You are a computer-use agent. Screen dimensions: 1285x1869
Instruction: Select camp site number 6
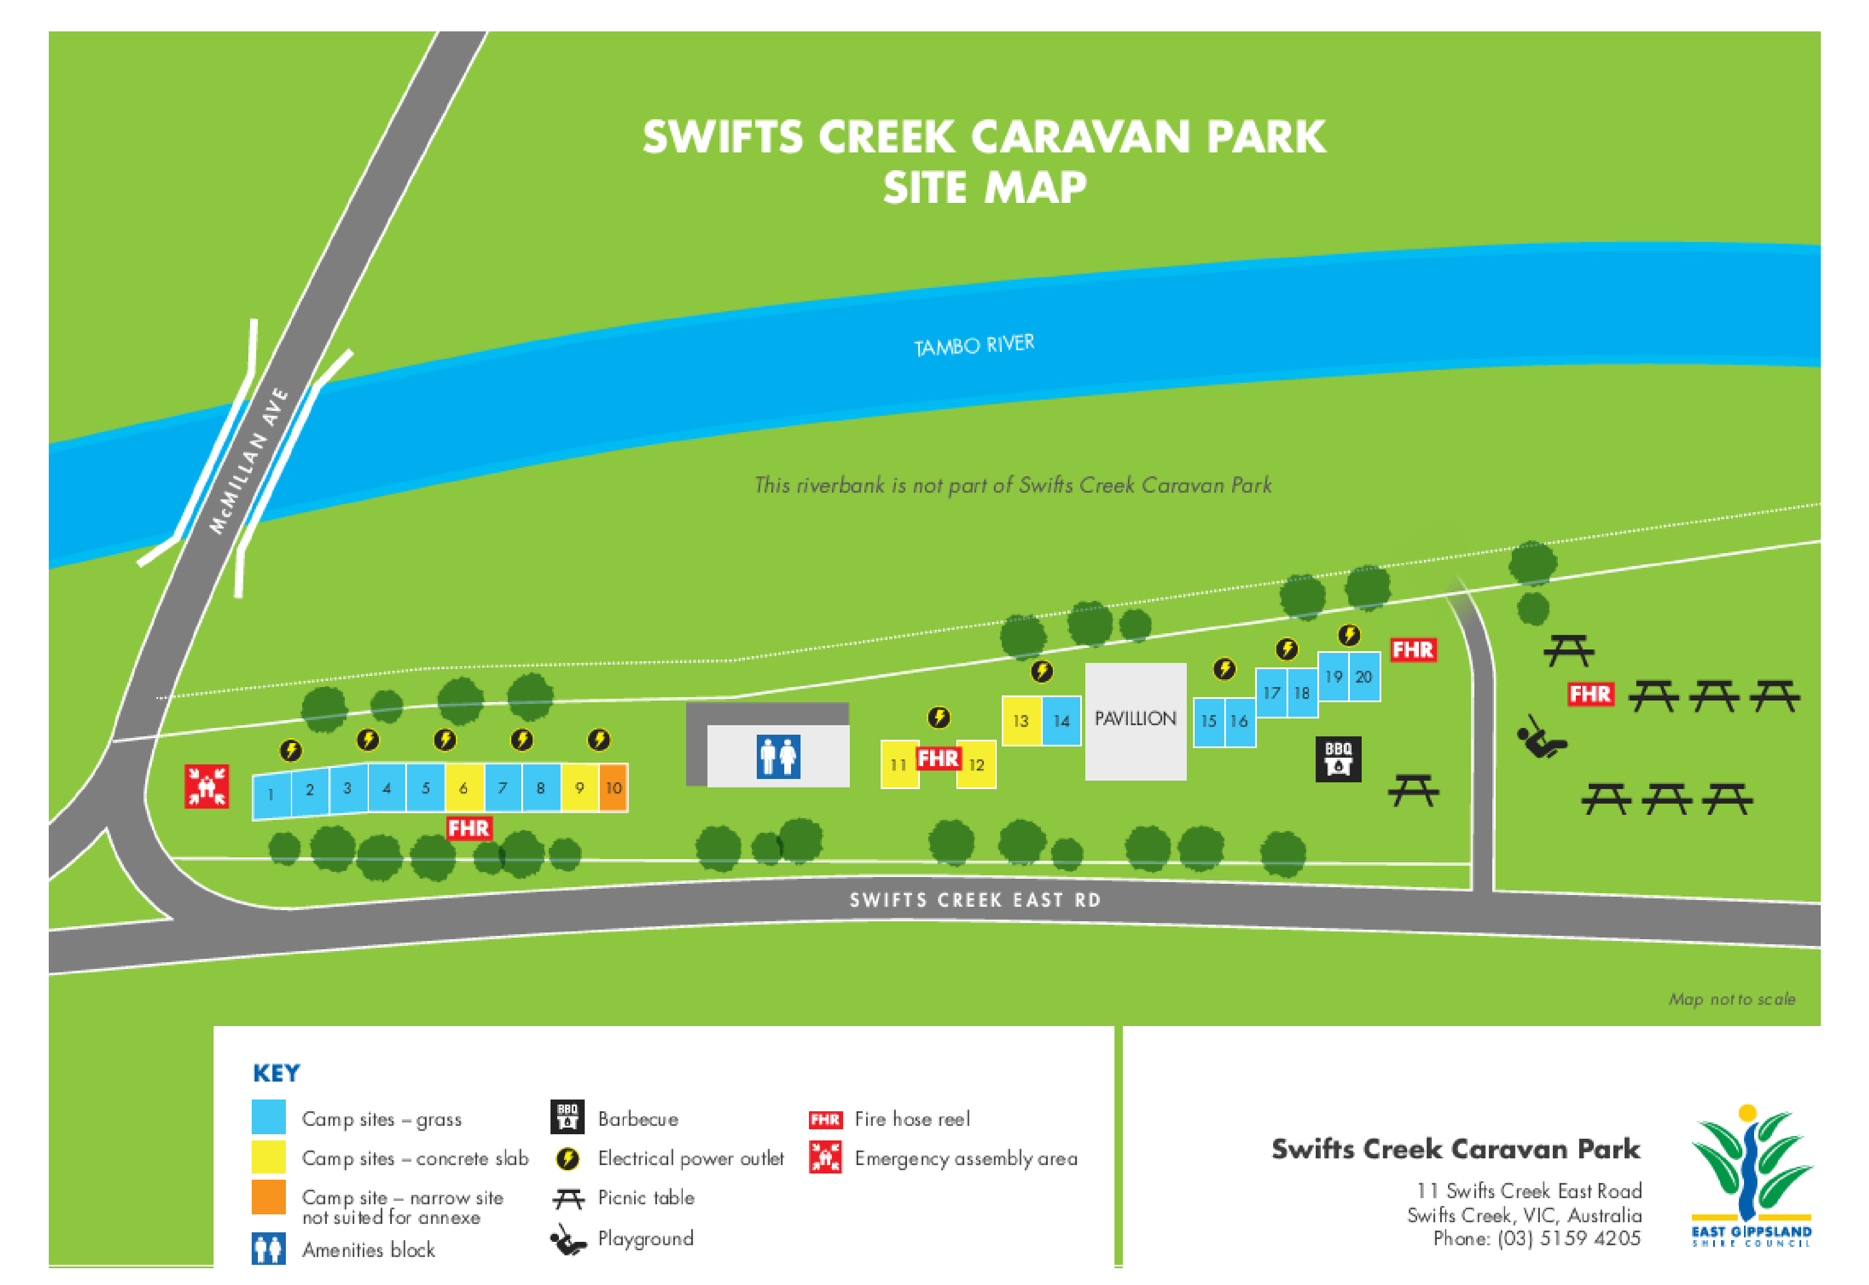coord(464,788)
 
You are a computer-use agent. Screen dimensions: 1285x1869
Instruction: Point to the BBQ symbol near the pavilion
coord(1338,758)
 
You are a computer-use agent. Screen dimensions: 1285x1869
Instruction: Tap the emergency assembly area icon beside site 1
coord(206,786)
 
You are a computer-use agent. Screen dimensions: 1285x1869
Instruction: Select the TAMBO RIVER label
coord(974,345)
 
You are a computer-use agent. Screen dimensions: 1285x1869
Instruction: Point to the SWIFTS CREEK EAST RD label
coord(974,900)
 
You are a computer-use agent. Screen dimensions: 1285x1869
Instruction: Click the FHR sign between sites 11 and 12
coord(938,758)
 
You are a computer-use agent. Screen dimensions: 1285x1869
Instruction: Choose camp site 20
coord(1363,677)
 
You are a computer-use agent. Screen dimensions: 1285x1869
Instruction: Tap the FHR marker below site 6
coord(468,828)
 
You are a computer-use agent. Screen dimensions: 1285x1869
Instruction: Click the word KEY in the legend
coord(276,1073)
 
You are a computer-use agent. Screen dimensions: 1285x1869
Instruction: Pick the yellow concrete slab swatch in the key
coord(268,1158)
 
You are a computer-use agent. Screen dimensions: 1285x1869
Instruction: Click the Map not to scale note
coord(1731,999)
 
